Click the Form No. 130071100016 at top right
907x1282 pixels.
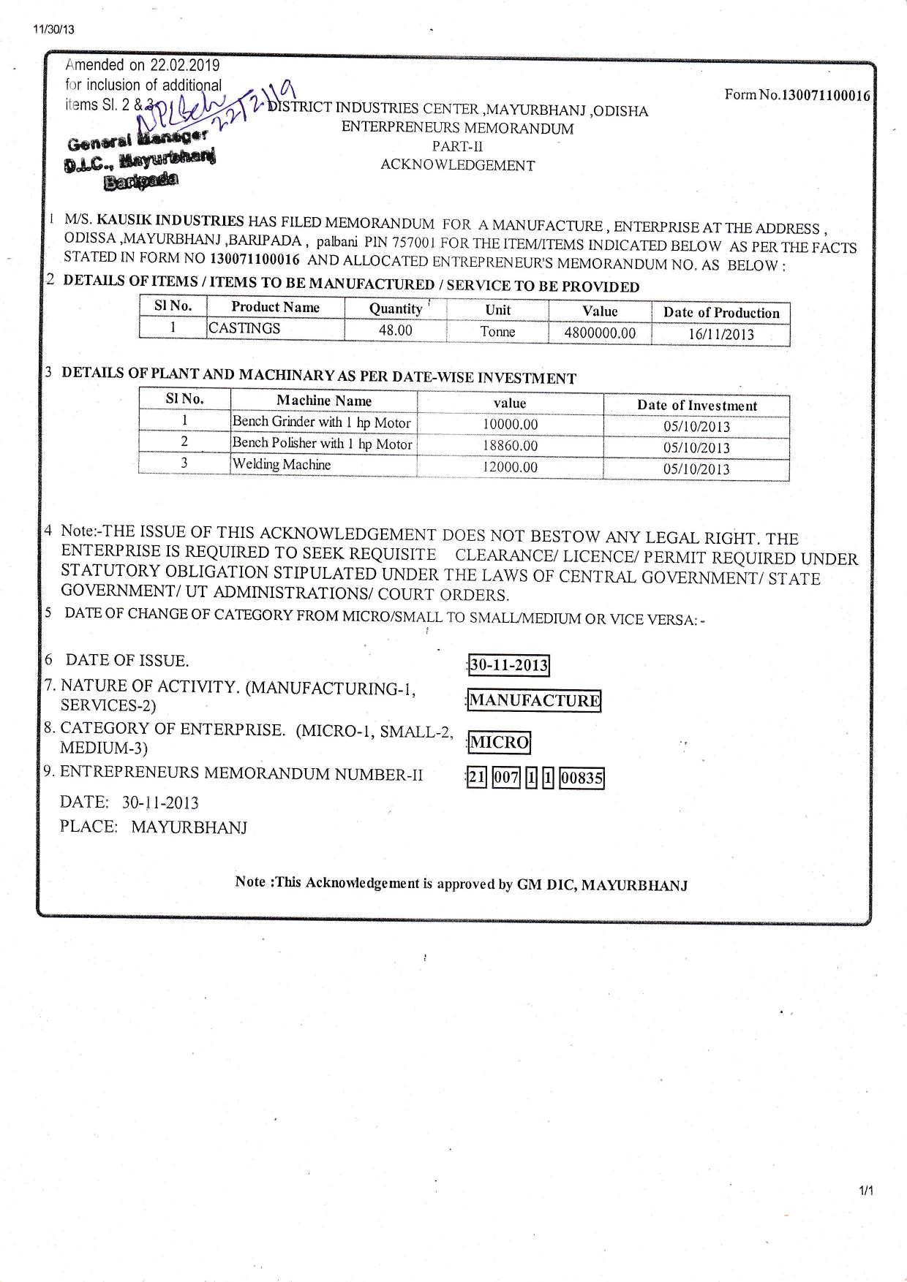pyautogui.click(x=797, y=95)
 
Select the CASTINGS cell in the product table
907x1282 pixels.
pyautogui.click(x=244, y=328)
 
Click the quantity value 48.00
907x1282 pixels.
pyautogui.click(x=395, y=330)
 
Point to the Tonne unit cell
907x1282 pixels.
pyautogui.click(x=497, y=332)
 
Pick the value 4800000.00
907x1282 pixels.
pyautogui.click(x=600, y=333)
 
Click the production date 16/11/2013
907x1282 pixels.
pyautogui.click(x=720, y=335)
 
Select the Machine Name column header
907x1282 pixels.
pyautogui.click(x=323, y=401)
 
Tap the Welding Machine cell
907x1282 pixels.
pyautogui.click(x=282, y=464)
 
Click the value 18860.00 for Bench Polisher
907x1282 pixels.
pyautogui.click(x=510, y=446)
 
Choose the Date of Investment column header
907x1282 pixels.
pyautogui.click(x=696, y=406)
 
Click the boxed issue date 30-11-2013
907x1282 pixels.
pyautogui.click(x=508, y=665)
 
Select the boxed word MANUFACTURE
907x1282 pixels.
pyautogui.click(x=534, y=701)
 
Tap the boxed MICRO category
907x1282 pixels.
pyautogui.click(x=499, y=743)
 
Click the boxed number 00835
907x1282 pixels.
pyautogui.click(x=582, y=778)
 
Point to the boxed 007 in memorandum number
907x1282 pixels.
pyautogui.click(x=505, y=778)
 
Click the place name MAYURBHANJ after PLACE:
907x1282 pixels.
pyautogui.click(x=189, y=827)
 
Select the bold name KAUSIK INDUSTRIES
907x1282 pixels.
pyautogui.click(x=170, y=220)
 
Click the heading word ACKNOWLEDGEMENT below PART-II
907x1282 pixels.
pyautogui.click(x=457, y=165)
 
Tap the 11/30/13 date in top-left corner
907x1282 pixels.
pyautogui.click(x=53, y=30)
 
